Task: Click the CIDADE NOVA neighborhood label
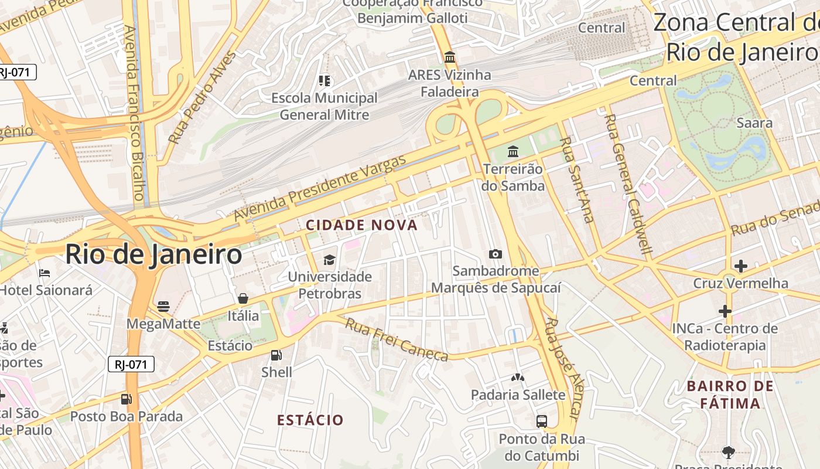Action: pyautogui.click(x=361, y=225)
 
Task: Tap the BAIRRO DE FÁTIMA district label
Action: pyautogui.click(x=730, y=395)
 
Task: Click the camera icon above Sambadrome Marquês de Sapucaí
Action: pyautogui.click(x=495, y=254)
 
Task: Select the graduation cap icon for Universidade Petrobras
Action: pyautogui.click(x=330, y=259)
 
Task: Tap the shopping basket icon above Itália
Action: pyautogui.click(x=242, y=298)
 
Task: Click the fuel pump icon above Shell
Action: pyautogui.click(x=276, y=355)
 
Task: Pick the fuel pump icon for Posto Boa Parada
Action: pyautogui.click(x=126, y=399)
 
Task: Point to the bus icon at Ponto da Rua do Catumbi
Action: pyautogui.click(x=542, y=421)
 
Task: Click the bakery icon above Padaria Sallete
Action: pyautogui.click(x=517, y=378)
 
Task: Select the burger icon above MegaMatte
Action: pyautogui.click(x=163, y=306)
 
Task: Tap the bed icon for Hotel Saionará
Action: pyautogui.click(x=45, y=273)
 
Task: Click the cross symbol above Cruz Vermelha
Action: pyautogui.click(x=740, y=266)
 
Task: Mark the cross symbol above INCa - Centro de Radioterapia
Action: pyautogui.click(x=725, y=311)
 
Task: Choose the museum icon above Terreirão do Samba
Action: pyautogui.click(x=513, y=151)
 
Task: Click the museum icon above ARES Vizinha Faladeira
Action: pyautogui.click(x=450, y=57)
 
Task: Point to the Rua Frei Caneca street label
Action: pyautogui.click(x=396, y=339)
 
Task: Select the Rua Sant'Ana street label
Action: pyautogui.click(x=577, y=179)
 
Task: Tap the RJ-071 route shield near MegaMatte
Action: pyautogui.click(x=131, y=364)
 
